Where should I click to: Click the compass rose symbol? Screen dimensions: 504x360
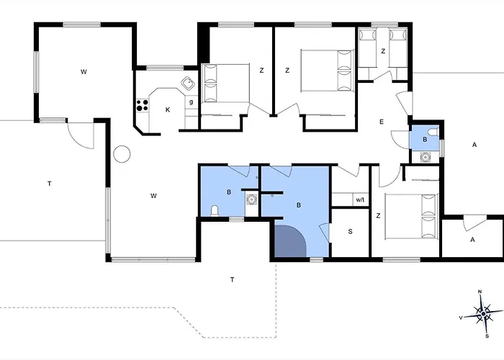click(x=483, y=313)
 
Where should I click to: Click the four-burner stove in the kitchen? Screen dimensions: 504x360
click(x=143, y=105)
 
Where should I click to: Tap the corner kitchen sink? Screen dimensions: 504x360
click(x=188, y=84)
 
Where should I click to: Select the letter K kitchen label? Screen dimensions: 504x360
click(x=168, y=110)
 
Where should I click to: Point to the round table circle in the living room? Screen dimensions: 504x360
click(x=122, y=154)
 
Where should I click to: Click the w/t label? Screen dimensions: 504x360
click(x=360, y=200)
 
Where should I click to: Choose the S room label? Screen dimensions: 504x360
click(x=351, y=231)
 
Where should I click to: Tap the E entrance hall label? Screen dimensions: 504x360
click(x=382, y=122)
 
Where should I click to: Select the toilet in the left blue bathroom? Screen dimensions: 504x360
click(x=215, y=211)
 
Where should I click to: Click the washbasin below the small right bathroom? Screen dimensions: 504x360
click(x=426, y=158)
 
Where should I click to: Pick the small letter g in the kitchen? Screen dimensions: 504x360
click(x=192, y=102)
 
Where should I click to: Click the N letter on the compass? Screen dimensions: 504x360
click(x=480, y=292)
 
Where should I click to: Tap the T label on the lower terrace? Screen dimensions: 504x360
click(x=233, y=279)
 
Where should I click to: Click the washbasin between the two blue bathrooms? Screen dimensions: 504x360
click(x=251, y=199)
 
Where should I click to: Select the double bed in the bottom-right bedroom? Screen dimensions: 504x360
click(x=411, y=216)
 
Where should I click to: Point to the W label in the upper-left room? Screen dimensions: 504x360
click(x=84, y=72)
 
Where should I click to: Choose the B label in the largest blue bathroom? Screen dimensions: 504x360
click(x=299, y=205)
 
